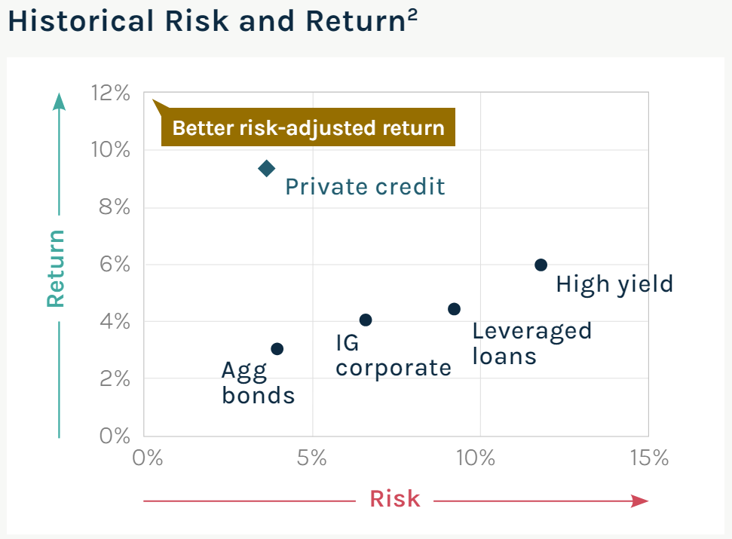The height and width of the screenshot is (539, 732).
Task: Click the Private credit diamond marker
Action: pyautogui.click(x=267, y=168)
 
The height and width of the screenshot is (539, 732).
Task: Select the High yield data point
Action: pyautogui.click(x=541, y=265)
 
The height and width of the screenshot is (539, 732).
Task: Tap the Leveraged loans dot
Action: pyautogui.click(x=455, y=309)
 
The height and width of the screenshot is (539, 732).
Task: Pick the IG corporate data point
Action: pyautogui.click(x=366, y=320)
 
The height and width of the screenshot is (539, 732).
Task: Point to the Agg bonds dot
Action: pyautogui.click(x=277, y=348)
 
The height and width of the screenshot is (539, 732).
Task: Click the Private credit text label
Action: pyautogui.click(x=365, y=187)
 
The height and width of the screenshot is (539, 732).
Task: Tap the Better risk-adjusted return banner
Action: pyautogui.click(x=308, y=127)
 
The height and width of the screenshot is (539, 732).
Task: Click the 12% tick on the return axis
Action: pyautogui.click(x=111, y=93)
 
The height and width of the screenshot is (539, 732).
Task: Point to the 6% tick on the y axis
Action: pyautogui.click(x=115, y=265)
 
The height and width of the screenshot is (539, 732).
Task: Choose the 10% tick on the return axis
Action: pyautogui.click(x=111, y=150)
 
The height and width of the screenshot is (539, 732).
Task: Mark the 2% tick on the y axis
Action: pyautogui.click(x=115, y=378)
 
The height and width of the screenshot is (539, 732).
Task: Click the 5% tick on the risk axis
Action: pyautogui.click(x=312, y=458)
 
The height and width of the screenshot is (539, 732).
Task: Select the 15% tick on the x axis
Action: pyautogui.click(x=649, y=458)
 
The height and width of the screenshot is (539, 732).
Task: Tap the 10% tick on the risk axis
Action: pyautogui.click(x=475, y=458)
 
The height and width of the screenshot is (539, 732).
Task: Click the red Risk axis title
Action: pyautogui.click(x=395, y=498)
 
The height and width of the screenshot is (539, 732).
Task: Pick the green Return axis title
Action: pyautogui.click(x=56, y=268)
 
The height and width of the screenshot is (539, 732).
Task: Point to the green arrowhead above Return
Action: pyautogui.click(x=60, y=101)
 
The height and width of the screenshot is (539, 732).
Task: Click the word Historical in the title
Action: pyautogui.click(x=81, y=21)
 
